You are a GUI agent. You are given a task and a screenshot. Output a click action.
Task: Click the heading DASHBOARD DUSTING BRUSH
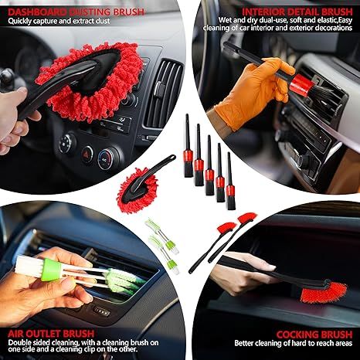tap(76, 12)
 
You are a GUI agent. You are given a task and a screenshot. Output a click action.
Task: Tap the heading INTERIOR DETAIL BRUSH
tap(297, 12)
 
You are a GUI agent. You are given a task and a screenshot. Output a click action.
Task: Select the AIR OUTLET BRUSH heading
tap(51, 334)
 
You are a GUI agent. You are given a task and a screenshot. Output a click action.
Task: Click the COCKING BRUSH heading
tap(314, 335)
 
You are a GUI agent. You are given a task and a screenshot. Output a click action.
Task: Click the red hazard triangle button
tap(87, 155)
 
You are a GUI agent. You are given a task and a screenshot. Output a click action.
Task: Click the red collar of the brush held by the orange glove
tap(299, 85)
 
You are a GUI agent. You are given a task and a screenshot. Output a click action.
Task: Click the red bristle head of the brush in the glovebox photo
tap(324, 292)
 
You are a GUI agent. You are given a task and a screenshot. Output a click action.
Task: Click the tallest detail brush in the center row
tap(188, 146)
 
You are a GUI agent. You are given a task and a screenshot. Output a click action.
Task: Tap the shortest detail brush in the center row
tap(230, 181)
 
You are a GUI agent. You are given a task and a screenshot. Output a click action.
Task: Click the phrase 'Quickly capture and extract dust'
tap(59, 21)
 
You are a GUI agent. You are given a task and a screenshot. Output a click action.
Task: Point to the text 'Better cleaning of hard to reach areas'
tap(293, 343)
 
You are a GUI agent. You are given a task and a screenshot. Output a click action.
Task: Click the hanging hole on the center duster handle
tap(172, 157)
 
